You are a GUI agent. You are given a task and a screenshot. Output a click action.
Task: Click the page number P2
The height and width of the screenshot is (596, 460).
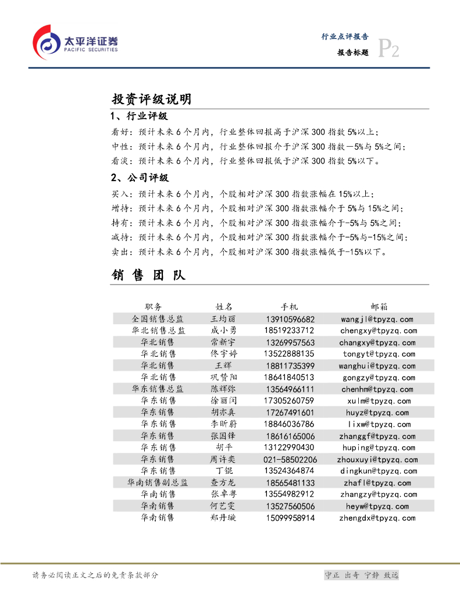point(388,49)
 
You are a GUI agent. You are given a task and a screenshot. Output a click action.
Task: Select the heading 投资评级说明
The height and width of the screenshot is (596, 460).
point(151,100)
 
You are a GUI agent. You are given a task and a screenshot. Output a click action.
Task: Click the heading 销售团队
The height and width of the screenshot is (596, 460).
point(148,275)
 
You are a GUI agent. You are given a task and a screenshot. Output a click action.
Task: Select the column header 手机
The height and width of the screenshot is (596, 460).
point(289,307)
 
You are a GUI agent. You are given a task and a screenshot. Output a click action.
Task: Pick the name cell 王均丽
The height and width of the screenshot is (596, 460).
point(223,319)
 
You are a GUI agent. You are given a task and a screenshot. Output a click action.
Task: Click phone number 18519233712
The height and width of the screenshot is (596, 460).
point(289,331)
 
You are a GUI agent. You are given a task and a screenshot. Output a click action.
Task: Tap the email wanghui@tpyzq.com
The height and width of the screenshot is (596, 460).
point(377,366)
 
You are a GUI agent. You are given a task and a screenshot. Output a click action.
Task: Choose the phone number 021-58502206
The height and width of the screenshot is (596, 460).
point(290,460)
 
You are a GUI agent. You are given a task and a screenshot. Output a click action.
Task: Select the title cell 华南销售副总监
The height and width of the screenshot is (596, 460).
point(158,483)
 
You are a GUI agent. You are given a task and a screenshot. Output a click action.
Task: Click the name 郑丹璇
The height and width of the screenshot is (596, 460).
point(223,518)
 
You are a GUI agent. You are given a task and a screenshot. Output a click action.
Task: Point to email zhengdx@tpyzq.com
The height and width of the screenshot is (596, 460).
point(377,518)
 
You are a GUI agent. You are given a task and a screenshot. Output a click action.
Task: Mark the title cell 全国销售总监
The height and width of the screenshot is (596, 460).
point(158,319)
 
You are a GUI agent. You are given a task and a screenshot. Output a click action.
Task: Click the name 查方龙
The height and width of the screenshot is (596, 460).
point(223,483)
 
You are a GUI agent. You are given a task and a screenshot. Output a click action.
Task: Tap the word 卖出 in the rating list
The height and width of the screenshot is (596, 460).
point(120,252)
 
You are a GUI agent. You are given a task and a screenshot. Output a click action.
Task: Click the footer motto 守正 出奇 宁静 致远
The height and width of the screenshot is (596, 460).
point(361,575)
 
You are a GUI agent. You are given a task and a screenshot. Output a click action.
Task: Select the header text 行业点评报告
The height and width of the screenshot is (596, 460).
point(345,36)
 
